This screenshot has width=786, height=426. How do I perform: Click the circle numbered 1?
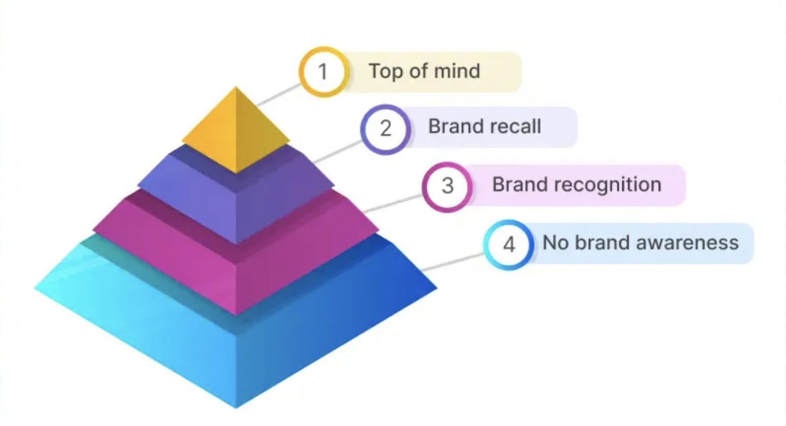pyautogui.click(x=323, y=72)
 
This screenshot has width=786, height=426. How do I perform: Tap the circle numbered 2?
pyautogui.click(x=385, y=128)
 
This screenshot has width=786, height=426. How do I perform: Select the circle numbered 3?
pyautogui.click(x=447, y=186)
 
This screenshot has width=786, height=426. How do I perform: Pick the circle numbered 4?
pyautogui.click(x=509, y=244)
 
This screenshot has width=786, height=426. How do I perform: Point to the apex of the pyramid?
pyautogui.click(x=236, y=88)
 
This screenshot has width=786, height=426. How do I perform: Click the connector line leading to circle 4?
pyautogui.click(x=453, y=262)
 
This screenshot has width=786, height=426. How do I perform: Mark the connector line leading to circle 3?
pyautogui.click(x=393, y=204)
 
